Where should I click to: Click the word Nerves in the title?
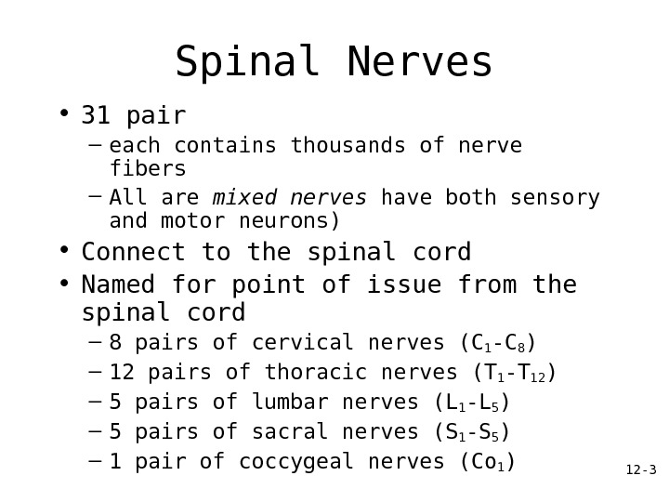[x=419, y=63]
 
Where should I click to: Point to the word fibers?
[x=148, y=169]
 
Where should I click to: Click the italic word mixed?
[x=245, y=198]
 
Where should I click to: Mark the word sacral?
[x=277, y=432]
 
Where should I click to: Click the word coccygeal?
[x=302, y=462]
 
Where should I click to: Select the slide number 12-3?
[x=641, y=471]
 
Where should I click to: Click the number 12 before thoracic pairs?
[x=122, y=373]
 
